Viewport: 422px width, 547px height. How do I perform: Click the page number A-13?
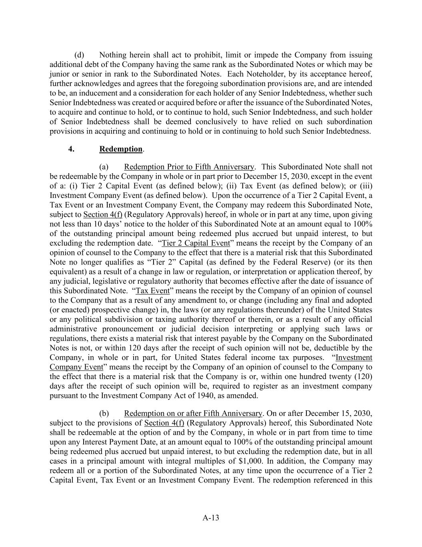[x=211, y=518]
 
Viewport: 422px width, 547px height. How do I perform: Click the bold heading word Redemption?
[x=121, y=149]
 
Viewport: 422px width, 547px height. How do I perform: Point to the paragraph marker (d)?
[x=79, y=55]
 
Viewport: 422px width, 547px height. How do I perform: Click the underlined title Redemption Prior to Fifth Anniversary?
[x=189, y=167]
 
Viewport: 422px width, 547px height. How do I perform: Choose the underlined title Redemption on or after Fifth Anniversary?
[x=193, y=413]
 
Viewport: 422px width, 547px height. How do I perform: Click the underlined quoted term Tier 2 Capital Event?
[x=196, y=243]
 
